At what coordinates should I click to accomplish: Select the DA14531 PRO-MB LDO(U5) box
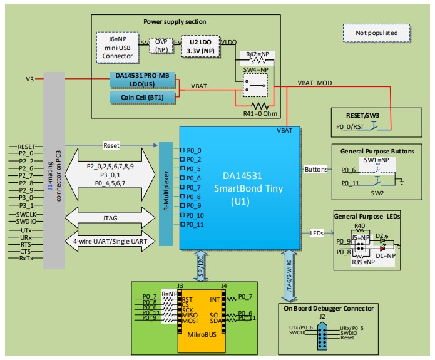tap(142, 80)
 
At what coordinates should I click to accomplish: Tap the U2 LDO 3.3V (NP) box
tap(202, 47)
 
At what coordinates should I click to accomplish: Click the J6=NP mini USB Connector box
tap(118, 47)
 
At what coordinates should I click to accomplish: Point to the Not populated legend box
tap(376, 33)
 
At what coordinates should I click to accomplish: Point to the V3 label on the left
tap(29, 80)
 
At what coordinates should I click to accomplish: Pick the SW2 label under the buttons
tap(377, 193)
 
